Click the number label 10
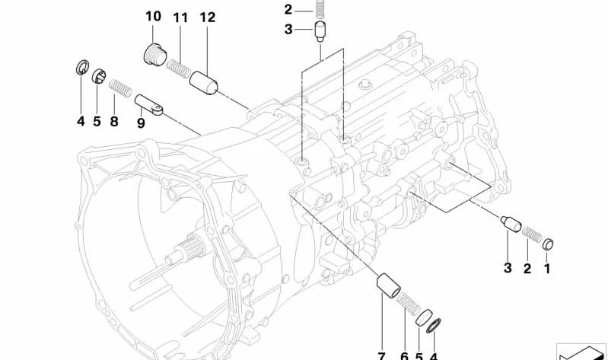(x=153, y=16)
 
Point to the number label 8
(x=114, y=121)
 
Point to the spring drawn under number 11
(x=179, y=68)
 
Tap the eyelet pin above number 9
(x=150, y=105)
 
